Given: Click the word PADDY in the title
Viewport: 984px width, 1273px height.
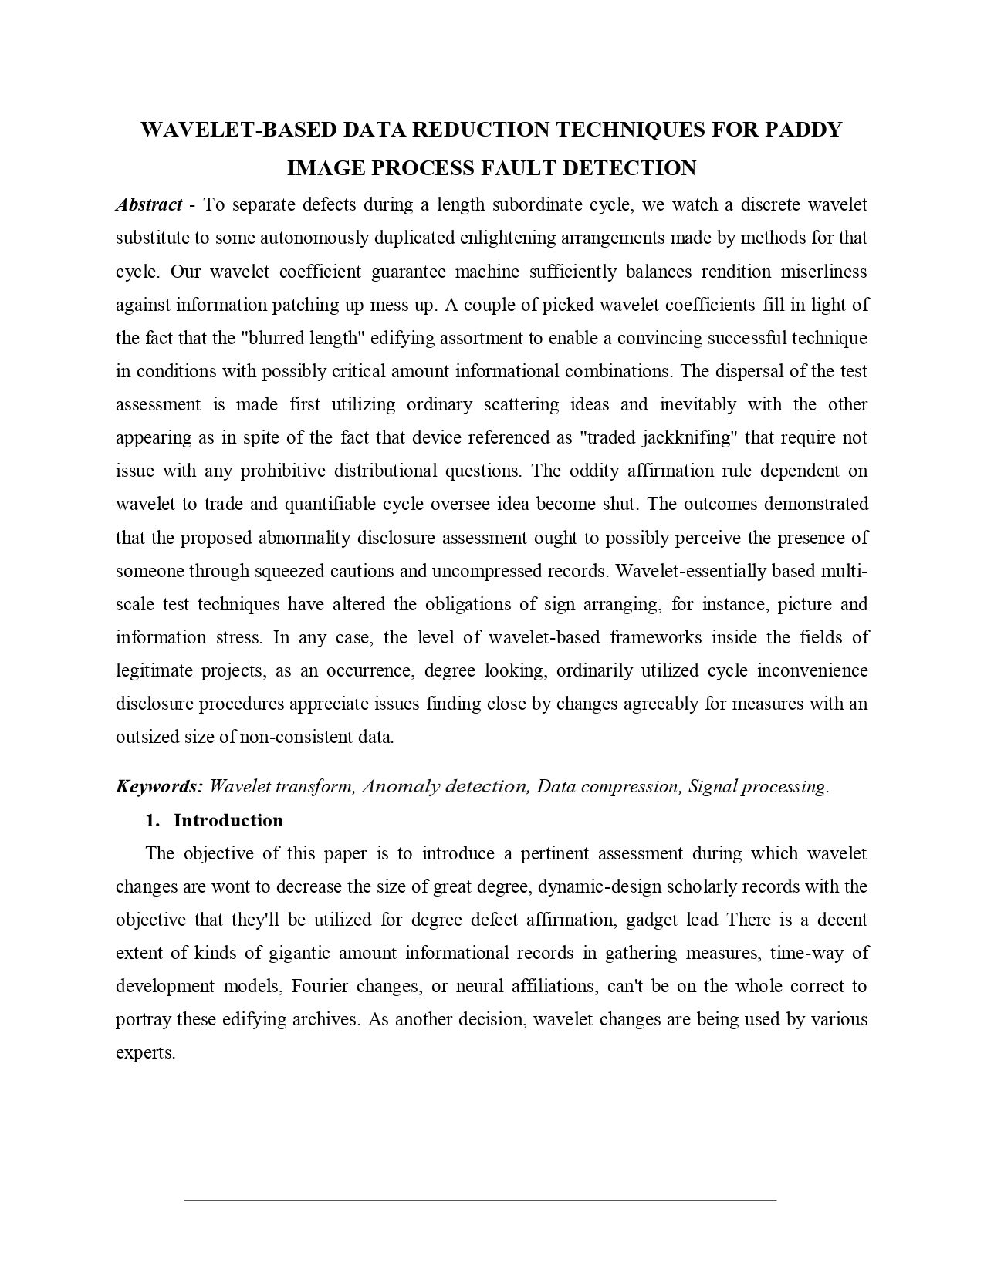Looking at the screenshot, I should (x=803, y=130).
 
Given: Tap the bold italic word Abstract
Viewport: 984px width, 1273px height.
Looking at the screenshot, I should (x=149, y=204).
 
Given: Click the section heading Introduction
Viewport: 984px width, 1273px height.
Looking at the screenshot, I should (x=228, y=820).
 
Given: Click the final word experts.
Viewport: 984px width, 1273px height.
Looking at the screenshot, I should (x=146, y=1052).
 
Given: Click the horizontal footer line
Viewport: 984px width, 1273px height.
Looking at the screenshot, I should (x=480, y=1200).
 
